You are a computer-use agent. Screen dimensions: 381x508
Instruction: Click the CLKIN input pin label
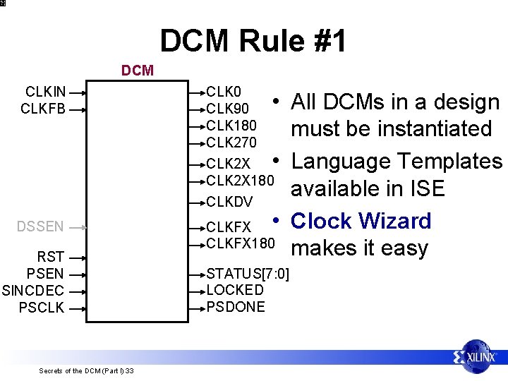(x=46, y=92)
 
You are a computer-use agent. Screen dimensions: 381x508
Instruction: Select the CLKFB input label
(x=44, y=109)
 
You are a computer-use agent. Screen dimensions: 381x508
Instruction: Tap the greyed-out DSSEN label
(x=41, y=226)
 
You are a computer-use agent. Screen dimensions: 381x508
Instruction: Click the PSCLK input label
(x=42, y=308)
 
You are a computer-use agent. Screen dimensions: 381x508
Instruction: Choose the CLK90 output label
(x=228, y=109)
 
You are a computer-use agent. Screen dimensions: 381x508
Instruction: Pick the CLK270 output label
(x=231, y=143)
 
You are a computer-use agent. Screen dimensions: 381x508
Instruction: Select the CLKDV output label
(x=229, y=202)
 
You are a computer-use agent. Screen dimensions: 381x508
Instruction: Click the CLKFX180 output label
(x=241, y=243)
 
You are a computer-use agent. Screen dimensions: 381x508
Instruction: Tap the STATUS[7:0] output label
(x=248, y=273)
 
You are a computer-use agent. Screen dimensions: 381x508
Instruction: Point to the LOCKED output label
(x=235, y=290)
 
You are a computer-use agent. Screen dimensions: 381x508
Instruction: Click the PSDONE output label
(x=236, y=307)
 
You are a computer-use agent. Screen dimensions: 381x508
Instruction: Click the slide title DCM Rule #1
(x=253, y=41)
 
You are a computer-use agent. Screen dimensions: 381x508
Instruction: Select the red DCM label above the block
(x=138, y=71)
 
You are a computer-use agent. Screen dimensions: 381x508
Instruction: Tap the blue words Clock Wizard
(x=361, y=221)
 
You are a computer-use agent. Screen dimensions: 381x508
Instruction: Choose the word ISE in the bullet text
(x=425, y=188)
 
